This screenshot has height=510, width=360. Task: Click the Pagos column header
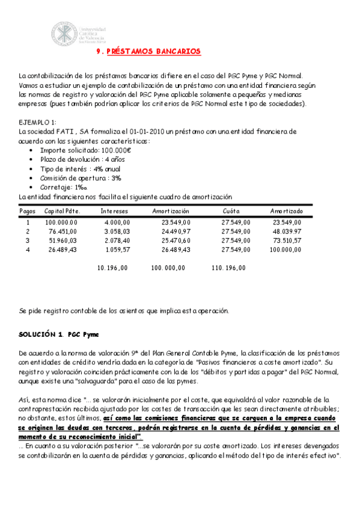tap(27, 211)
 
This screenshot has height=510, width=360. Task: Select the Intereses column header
tap(114, 211)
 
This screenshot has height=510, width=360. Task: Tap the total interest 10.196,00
tap(112, 268)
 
